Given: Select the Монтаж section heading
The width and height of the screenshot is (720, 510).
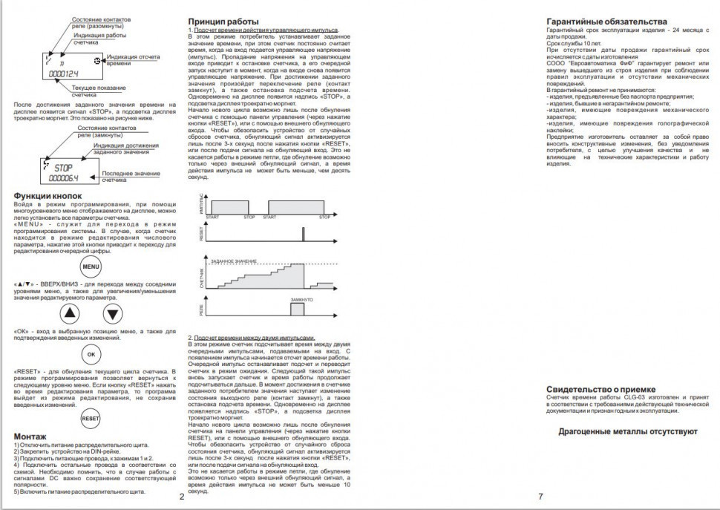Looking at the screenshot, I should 30,436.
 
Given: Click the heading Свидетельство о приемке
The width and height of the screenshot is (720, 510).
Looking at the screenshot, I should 601,389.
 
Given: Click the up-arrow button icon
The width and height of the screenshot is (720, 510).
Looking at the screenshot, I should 70,313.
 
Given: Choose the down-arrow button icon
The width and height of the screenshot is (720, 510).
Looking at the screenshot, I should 111,313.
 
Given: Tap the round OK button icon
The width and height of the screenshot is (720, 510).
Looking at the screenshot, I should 91,355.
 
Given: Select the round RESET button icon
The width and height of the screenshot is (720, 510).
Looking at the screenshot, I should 91,418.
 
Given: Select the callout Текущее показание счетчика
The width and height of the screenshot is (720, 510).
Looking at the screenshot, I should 94,92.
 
